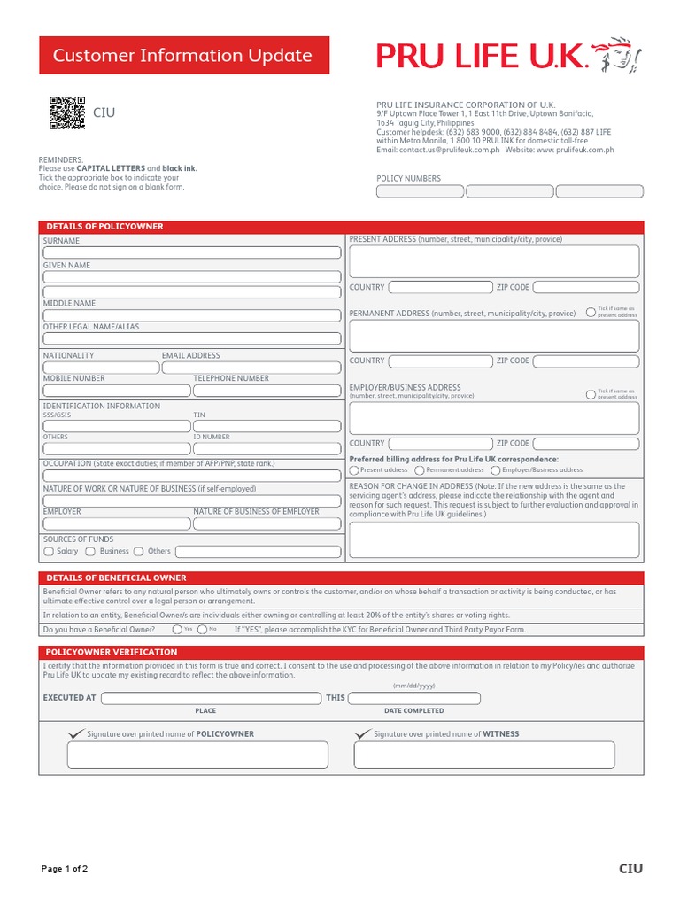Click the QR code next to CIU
(66, 112)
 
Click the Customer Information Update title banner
(183, 55)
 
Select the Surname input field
(192, 252)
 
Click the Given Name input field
(192, 277)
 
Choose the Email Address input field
(251, 367)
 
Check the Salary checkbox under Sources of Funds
(49, 552)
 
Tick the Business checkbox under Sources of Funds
(90, 552)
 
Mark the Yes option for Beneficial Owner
(177, 629)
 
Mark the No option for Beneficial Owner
(203, 629)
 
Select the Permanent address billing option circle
(420, 470)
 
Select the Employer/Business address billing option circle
(496, 470)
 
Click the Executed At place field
(211, 698)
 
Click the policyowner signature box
(197, 755)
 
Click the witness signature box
(484, 755)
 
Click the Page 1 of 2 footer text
(65, 869)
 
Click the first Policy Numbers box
(420, 191)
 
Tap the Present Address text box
(494, 261)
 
